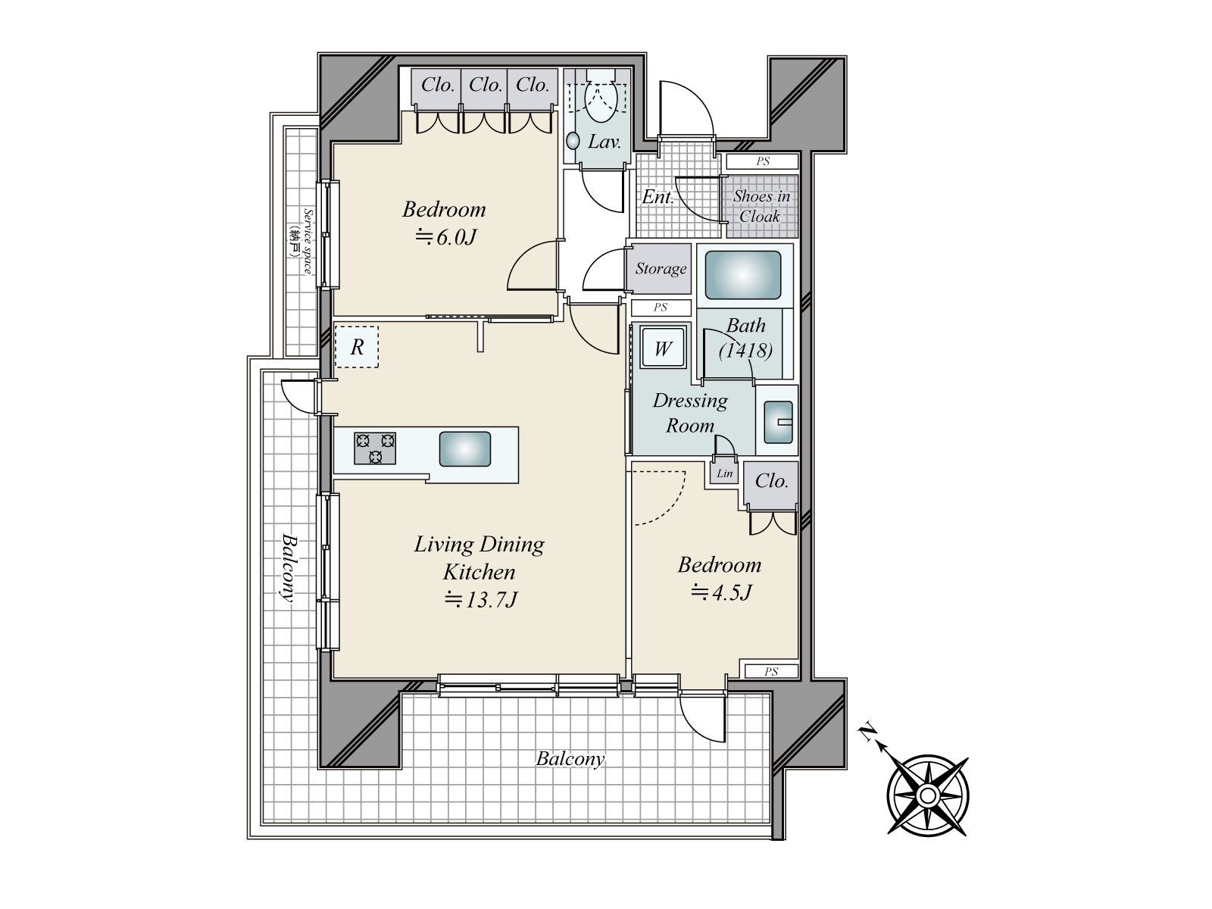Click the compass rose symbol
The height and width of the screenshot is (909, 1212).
tap(928, 796)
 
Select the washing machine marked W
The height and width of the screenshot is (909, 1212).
tap(663, 348)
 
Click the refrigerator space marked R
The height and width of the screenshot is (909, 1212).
tap(357, 347)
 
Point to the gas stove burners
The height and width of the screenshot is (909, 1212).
tap(375, 448)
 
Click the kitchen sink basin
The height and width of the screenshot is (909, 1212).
tap(465, 448)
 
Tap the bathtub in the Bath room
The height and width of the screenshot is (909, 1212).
tap(742, 275)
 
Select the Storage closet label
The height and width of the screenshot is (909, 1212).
tap(661, 269)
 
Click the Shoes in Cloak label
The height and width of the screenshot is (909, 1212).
tap(761, 206)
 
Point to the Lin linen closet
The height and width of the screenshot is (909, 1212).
tap(724, 473)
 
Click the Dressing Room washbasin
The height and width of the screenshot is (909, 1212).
tap(778, 422)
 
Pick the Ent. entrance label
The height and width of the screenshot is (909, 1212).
tap(658, 197)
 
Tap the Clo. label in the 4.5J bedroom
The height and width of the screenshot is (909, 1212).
tap(771, 481)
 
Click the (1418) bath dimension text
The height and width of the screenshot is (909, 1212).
tap(745, 351)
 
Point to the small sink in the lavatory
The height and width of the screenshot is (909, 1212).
tap(573, 141)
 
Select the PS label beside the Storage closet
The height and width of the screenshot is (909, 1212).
tap(661, 308)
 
